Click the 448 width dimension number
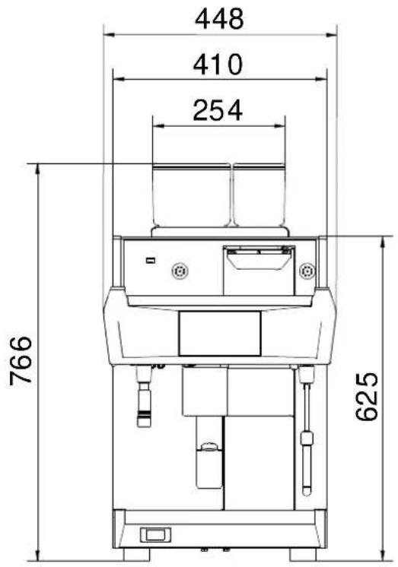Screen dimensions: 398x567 pos(219,19)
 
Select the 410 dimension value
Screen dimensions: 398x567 pos(218,65)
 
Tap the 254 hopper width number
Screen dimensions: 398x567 pos(218,110)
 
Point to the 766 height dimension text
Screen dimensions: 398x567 pos(21,360)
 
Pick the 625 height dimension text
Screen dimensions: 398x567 pos(367,397)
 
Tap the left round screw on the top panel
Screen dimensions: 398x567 pos(180,271)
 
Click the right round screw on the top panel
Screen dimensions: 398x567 pos(307,271)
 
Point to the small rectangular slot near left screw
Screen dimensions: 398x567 pos(151,260)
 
